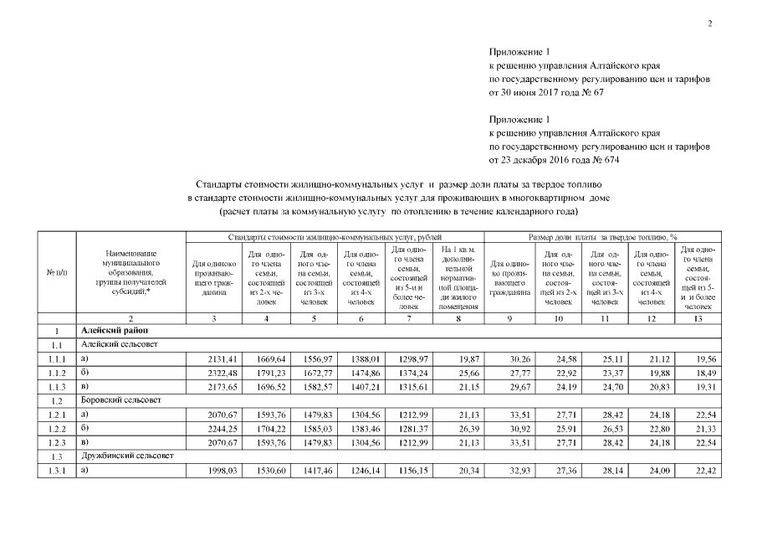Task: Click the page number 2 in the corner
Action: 709,23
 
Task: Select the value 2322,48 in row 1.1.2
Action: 220,371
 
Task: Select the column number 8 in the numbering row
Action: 458,318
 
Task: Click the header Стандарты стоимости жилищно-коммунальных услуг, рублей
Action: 329,238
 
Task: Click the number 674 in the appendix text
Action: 611,159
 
